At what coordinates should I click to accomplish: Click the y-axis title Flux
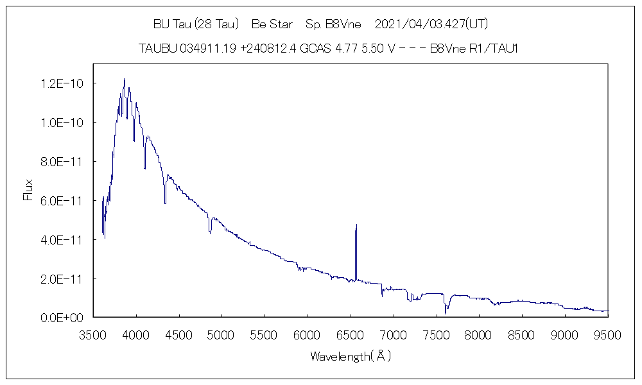(28, 190)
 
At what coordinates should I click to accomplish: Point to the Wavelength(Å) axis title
(351, 355)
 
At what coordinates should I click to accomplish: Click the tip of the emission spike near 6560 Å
(356, 225)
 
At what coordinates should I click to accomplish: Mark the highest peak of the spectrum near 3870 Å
(124, 79)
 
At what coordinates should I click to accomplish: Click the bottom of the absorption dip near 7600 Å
(446, 313)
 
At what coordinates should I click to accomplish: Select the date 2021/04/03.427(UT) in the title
(431, 24)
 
